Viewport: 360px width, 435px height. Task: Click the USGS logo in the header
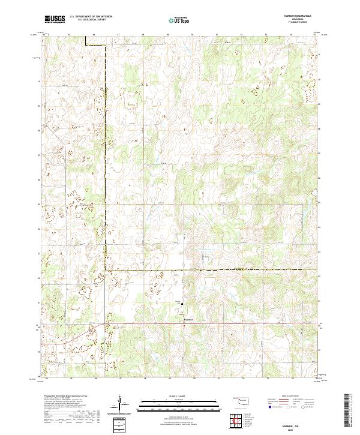click(55, 20)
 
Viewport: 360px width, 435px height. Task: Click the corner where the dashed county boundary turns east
click(106, 271)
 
